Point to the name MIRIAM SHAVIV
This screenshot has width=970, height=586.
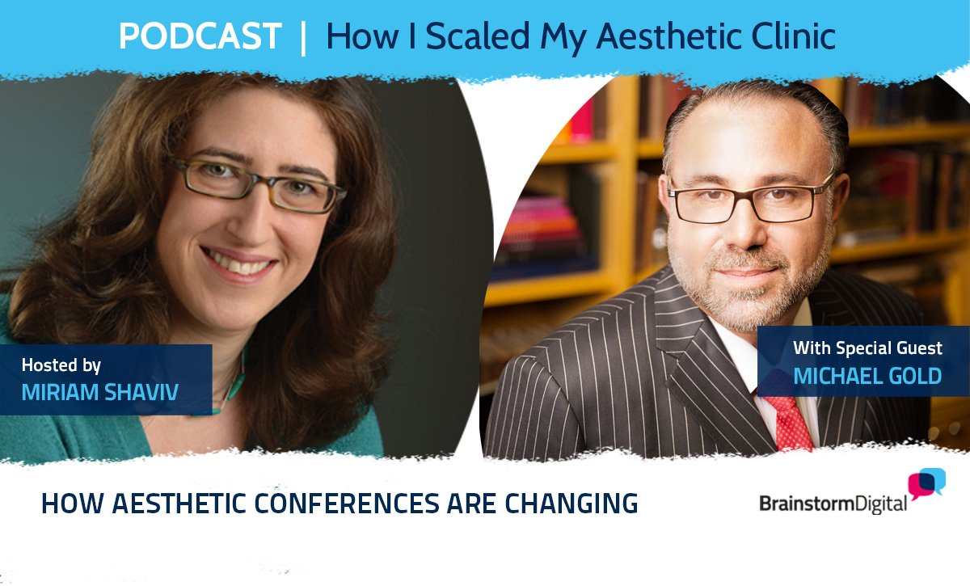pos(100,392)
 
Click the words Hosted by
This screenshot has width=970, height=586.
pos(61,365)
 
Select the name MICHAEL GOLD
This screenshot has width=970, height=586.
pos(867,376)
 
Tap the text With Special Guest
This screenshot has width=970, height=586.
pos(867,348)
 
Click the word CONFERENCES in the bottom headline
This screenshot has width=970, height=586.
pos(346,504)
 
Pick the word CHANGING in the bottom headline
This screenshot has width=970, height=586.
pos(571,504)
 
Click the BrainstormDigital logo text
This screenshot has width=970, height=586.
pos(833,504)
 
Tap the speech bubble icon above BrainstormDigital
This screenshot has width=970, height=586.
pos(926,483)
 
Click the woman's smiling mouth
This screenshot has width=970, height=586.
pos(238,263)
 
